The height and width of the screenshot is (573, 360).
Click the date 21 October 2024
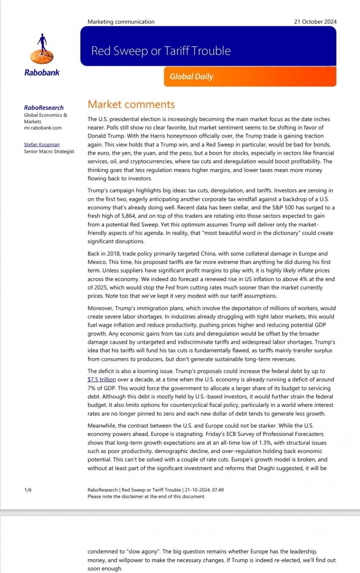click(x=315, y=21)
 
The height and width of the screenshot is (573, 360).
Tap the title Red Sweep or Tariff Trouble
click(x=161, y=51)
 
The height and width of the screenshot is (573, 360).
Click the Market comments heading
click(x=131, y=104)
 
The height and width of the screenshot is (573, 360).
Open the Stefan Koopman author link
click(x=42, y=144)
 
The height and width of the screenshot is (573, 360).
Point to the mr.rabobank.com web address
click(x=43, y=128)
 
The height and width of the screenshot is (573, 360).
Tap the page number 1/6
click(x=28, y=489)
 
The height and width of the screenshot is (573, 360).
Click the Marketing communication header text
click(x=121, y=21)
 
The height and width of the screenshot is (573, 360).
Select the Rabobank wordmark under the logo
click(x=42, y=73)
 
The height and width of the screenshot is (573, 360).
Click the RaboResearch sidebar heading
click(x=44, y=107)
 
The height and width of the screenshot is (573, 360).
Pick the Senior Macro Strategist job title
click(x=49, y=151)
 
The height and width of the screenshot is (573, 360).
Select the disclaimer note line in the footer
click(x=146, y=496)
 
